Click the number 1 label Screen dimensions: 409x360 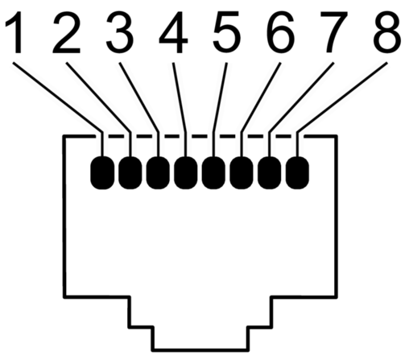click(x=15, y=32)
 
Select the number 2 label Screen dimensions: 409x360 click(x=67, y=31)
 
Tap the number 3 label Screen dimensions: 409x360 click(x=120, y=31)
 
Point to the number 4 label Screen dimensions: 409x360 click(x=173, y=32)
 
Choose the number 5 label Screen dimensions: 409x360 click(x=227, y=32)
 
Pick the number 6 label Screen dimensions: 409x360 click(x=280, y=31)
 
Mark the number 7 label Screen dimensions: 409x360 click(x=333, y=32)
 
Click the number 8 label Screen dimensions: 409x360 click(x=387, y=31)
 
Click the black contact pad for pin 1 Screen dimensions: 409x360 click(x=102, y=172)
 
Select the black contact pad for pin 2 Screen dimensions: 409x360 click(x=130, y=172)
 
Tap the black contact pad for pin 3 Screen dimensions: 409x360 click(x=158, y=172)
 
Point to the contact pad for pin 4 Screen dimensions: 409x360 click(x=186, y=172)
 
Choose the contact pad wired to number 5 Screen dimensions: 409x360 click(x=213, y=172)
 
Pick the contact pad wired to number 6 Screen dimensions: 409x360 click(x=242, y=172)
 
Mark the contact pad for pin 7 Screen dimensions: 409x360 click(x=270, y=172)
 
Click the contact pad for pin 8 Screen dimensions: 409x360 click(x=297, y=172)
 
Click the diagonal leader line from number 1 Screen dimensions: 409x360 click(x=57, y=97)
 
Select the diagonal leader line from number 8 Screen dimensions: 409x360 click(x=342, y=97)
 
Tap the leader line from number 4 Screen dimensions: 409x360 click(x=180, y=97)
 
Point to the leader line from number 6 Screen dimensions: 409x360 click(x=261, y=97)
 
